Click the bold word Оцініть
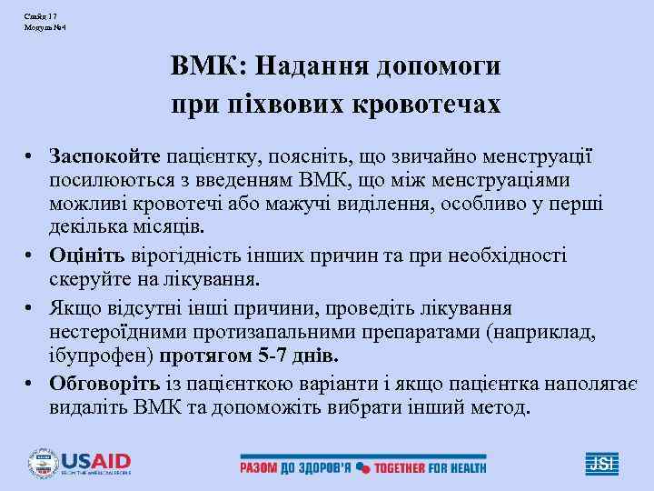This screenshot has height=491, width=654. tap(88, 256)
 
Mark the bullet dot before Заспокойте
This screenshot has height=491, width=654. tap(31, 156)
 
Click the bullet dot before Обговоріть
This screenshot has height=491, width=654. tap(31, 383)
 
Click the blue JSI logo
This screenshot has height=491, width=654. tap(601, 463)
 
